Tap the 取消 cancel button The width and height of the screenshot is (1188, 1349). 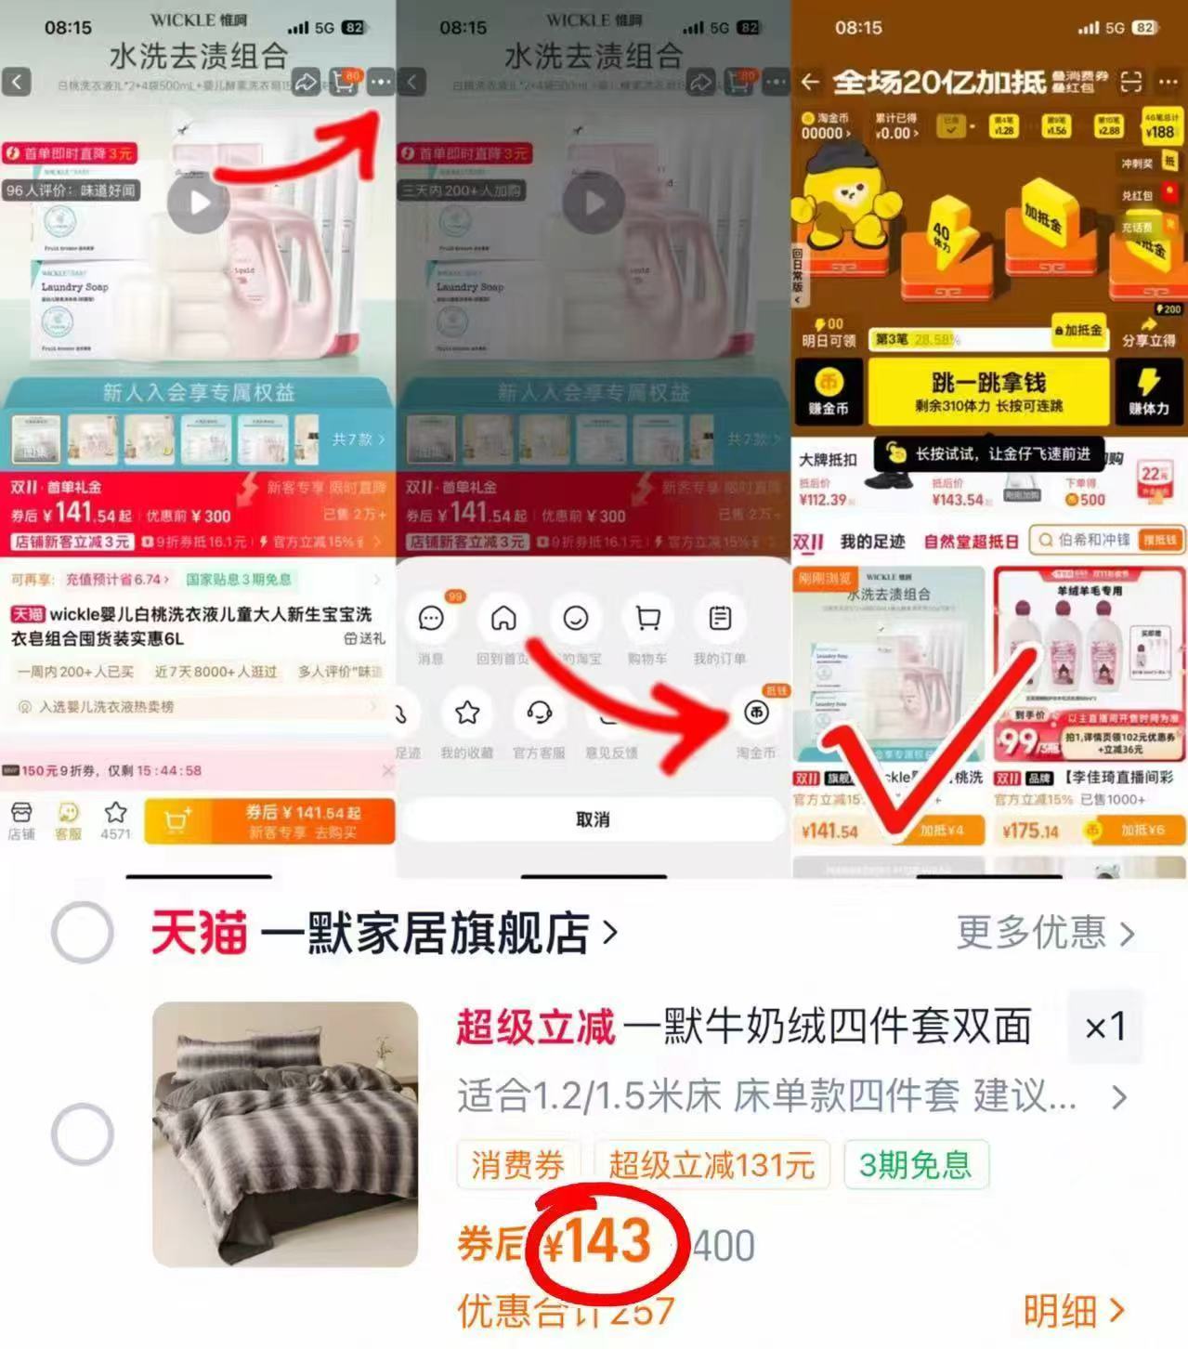(593, 819)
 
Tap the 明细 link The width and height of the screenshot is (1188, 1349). (1074, 1311)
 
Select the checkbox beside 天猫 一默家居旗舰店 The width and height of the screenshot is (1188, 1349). (82, 932)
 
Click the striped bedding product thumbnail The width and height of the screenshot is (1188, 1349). (285, 1133)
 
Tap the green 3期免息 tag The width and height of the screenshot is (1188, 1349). (915, 1164)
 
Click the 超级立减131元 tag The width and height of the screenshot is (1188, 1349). (711, 1164)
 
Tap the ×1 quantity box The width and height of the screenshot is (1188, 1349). (1104, 1027)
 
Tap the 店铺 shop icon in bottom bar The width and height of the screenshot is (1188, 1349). (20, 820)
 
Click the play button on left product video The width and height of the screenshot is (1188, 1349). (199, 203)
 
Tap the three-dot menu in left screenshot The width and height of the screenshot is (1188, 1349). (380, 83)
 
